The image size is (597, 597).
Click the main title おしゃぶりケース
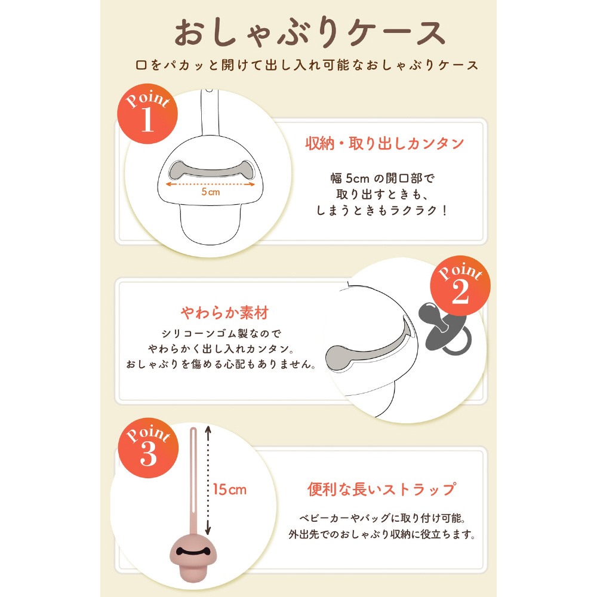pyautogui.click(x=310, y=33)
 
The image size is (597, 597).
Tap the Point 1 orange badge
pyautogui.click(x=147, y=114)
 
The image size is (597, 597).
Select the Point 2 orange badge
pyautogui.click(x=460, y=285)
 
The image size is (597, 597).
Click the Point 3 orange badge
pyautogui.click(x=148, y=448)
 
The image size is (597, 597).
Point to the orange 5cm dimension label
pyautogui.click(x=211, y=192)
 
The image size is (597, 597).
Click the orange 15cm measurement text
pyautogui.click(x=230, y=490)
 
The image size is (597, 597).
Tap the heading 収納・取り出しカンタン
pyautogui.click(x=384, y=143)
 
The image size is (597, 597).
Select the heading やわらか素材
pyautogui.click(x=224, y=313)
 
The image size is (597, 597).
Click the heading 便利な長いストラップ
pyautogui.click(x=382, y=489)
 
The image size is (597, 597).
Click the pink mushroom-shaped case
pyautogui.click(x=193, y=558)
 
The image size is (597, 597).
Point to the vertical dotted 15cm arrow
pyautogui.click(x=208, y=481)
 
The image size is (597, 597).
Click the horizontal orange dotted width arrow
pyautogui.click(x=211, y=184)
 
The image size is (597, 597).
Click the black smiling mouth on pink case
pyautogui.click(x=193, y=551)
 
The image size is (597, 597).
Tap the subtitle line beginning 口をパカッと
pyautogui.click(x=307, y=65)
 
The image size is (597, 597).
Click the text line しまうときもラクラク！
pyautogui.click(x=382, y=211)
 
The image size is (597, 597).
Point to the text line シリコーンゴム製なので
pyautogui.click(x=221, y=334)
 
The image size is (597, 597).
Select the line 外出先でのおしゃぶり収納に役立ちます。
pyautogui.click(x=382, y=534)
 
